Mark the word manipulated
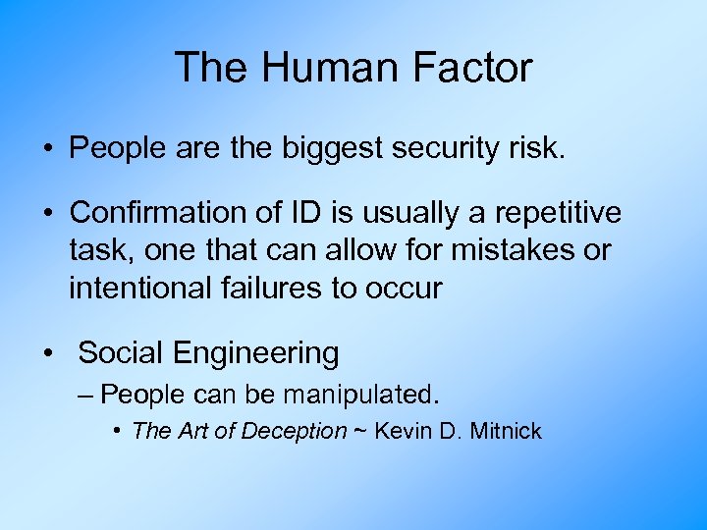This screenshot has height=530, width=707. tap(360, 395)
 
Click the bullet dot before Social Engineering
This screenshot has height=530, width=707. tap(48, 353)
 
